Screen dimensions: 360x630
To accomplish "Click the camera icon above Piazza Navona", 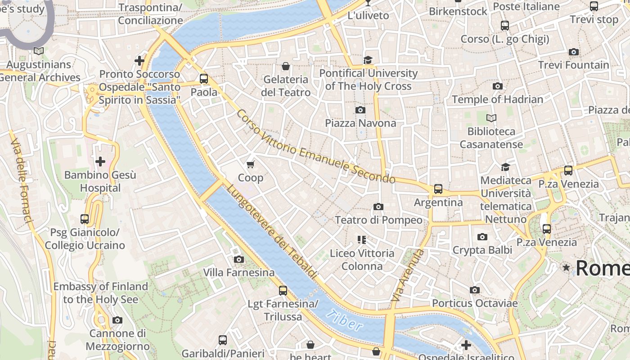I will coord(360,110).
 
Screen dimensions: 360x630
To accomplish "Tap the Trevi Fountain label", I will coord(573,65).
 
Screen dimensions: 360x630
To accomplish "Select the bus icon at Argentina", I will coord(438,189).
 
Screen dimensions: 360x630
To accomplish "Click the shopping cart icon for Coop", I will coord(251,165).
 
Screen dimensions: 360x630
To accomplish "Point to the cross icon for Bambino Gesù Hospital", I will coord(100,161).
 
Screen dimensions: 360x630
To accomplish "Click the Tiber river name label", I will coord(344,320).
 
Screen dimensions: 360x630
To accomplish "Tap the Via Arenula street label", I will coord(408,275).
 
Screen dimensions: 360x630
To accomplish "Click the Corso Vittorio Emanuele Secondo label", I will coord(315,147).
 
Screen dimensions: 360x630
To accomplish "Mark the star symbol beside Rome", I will coord(566,268).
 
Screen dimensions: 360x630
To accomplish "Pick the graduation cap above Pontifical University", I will coord(368,60).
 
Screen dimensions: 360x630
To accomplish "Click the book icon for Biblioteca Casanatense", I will coord(491,118).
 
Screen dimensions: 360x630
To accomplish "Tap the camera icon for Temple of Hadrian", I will coord(497,86).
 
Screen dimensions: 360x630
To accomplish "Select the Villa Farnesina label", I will coord(238,272).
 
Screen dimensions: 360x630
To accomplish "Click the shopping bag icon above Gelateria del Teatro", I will coord(285,67).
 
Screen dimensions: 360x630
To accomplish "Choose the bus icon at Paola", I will coord(204,79).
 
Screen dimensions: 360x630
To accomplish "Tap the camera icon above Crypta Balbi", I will coord(482,237).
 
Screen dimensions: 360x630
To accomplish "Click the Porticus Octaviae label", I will coord(475,303).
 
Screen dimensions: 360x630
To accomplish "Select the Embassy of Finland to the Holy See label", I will coord(100,293).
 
